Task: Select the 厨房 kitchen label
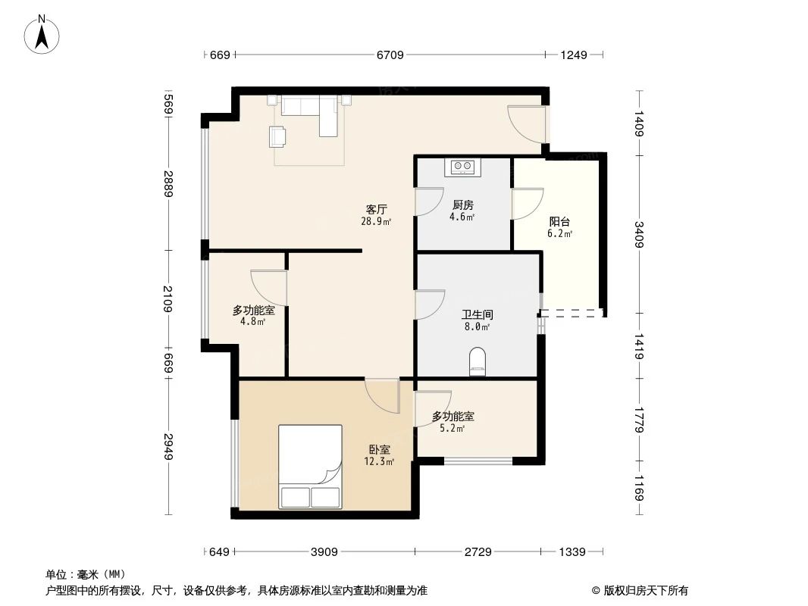[x=462, y=205]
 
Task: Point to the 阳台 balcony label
[x=559, y=222]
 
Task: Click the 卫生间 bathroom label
[x=477, y=314]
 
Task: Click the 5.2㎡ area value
[x=452, y=428]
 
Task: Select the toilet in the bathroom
[x=478, y=361]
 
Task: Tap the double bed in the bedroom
[x=310, y=467]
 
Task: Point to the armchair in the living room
[x=278, y=136]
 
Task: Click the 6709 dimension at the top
[x=390, y=55]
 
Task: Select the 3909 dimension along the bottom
[x=324, y=552]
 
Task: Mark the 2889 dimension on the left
[x=168, y=184]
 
